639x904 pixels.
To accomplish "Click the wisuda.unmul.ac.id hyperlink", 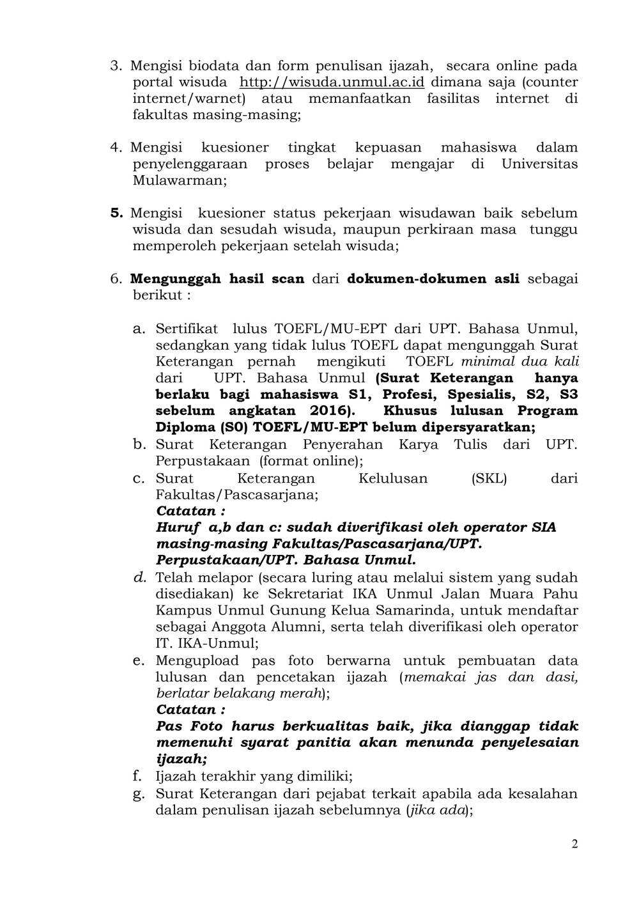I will click(332, 82).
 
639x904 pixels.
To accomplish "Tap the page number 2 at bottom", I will click(574, 844).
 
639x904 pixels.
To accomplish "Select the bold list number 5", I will click(116, 213).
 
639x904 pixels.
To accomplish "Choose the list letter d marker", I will click(139, 577).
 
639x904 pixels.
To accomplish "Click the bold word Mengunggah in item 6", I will click(176, 279).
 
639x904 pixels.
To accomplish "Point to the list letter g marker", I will click(138, 793).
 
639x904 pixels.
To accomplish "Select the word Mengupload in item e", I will click(197, 660).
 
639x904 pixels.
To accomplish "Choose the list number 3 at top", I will click(116, 66).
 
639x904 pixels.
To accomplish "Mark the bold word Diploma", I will click(186, 427).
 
